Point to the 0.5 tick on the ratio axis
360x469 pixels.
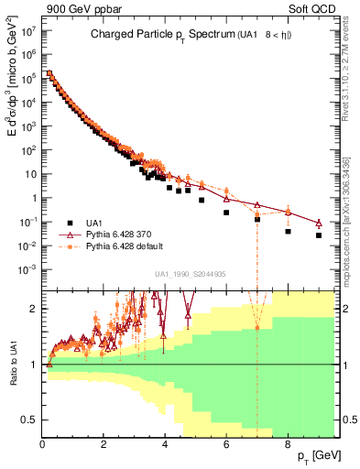pyautogui.click(x=30, y=420)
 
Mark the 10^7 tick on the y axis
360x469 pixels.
pyautogui.click(x=27, y=30)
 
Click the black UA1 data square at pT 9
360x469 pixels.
pyautogui.click(x=319, y=235)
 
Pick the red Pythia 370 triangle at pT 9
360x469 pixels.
pyautogui.click(x=319, y=223)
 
